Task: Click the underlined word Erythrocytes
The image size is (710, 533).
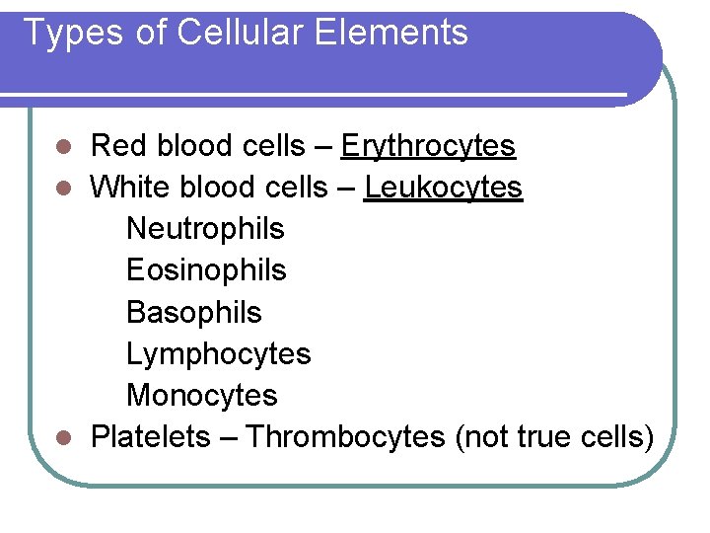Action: (428, 147)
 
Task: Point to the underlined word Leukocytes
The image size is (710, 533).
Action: (443, 188)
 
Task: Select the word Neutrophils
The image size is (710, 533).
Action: (205, 229)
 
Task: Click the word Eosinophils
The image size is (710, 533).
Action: (206, 270)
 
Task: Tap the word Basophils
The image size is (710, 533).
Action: (194, 312)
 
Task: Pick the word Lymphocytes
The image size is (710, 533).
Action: (218, 353)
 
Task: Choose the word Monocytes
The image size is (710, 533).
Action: (202, 395)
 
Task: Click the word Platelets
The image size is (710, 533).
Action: (150, 436)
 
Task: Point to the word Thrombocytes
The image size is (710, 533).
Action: (345, 436)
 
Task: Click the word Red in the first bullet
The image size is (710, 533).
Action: (115, 147)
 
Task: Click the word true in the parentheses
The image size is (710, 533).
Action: (541, 436)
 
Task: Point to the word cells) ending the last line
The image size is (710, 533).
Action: (617, 436)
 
